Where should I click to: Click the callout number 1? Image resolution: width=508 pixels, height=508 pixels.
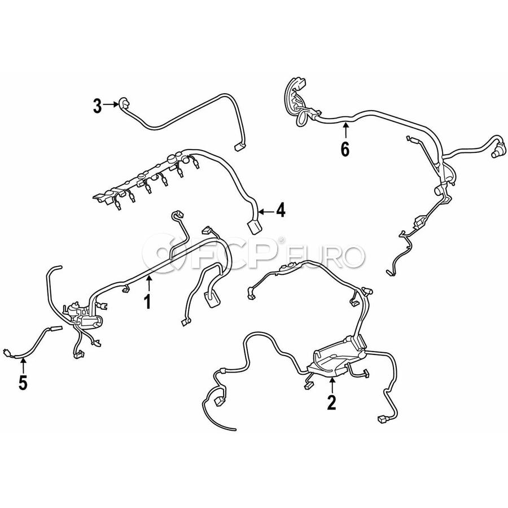pos(147,302)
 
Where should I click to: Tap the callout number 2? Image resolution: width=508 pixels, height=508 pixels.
pos(331,402)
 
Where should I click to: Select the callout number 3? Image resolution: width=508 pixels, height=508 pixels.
pos(97,106)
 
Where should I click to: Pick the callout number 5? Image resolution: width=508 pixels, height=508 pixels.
pos(23,383)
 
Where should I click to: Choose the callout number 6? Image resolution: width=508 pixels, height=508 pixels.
pos(345,150)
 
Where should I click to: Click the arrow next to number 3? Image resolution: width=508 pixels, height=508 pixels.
pos(111,104)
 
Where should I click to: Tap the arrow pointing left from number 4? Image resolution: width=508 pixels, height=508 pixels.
pos(266,212)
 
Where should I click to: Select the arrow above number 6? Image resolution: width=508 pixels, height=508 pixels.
pos(345,130)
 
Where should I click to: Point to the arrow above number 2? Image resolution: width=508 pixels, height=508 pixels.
pos(332,384)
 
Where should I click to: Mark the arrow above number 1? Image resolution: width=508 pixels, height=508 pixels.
pos(149,284)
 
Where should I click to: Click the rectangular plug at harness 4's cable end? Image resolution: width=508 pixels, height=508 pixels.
pos(255,227)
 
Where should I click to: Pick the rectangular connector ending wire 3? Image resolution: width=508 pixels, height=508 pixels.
pos(240,147)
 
